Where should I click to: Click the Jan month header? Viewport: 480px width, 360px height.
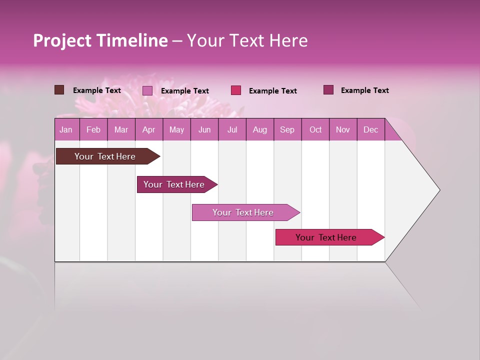pyautogui.click(x=66, y=130)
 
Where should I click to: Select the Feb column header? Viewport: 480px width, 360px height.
pyautogui.click(x=93, y=130)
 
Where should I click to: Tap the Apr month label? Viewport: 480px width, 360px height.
pyautogui.click(x=149, y=130)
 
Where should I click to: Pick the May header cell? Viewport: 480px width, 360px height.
pyautogui.click(x=176, y=130)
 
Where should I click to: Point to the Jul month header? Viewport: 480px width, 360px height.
pyautogui.click(x=232, y=130)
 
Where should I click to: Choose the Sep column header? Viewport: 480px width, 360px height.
pyautogui.click(x=287, y=130)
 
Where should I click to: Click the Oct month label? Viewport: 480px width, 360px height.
pyautogui.click(x=315, y=130)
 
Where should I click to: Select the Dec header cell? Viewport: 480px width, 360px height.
pyautogui.click(x=371, y=130)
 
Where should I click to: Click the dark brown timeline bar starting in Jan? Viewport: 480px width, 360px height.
pyautogui.click(x=105, y=156)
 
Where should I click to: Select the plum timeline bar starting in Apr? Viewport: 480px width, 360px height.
pyautogui.click(x=174, y=184)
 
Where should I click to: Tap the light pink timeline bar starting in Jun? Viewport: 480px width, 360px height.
pyautogui.click(x=243, y=212)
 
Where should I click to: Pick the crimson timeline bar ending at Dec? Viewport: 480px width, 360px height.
pyautogui.click(x=326, y=237)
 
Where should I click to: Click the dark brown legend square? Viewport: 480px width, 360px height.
pyautogui.click(x=59, y=90)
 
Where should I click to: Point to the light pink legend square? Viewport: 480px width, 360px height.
pyautogui.click(x=147, y=90)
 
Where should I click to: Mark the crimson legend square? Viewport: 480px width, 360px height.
pyautogui.click(x=236, y=90)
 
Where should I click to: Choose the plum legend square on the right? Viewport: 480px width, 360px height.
pyautogui.click(x=328, y=90)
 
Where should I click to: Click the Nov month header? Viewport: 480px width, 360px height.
pyautogui.click(x=343, y=130)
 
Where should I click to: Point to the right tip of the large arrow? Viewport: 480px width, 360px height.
pyautogui.click(x=438, y=190)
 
